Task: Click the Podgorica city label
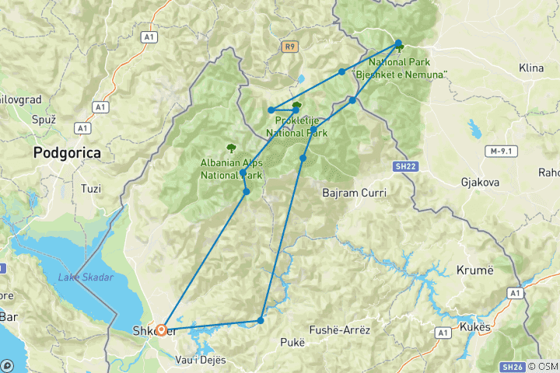tap(67, 153)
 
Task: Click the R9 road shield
tap(290, 47)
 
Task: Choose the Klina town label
tap(531, 68)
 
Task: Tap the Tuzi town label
tap(92, 188)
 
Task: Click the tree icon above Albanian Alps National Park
tap(230, 147)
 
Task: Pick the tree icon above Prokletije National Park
tap(296, 106)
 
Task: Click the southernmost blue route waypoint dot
tap(261, 320)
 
